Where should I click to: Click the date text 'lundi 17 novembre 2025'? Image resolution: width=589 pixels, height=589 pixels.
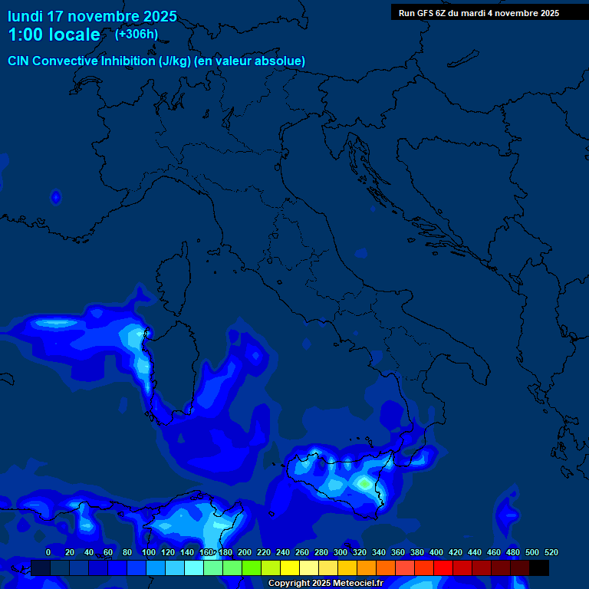(92, 16)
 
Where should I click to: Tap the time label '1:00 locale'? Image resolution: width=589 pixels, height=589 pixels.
(54, 35)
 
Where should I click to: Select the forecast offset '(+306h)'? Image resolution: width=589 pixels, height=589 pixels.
(136, 34)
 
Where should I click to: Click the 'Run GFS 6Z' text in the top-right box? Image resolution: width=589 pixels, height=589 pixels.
(426, 13)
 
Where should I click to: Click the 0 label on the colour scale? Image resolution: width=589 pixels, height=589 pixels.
(48, 552)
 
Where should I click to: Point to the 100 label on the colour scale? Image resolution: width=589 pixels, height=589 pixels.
(149, 552)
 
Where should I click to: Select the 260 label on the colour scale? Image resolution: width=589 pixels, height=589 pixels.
(302, 552)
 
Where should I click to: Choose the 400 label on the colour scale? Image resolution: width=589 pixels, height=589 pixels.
(436, 552)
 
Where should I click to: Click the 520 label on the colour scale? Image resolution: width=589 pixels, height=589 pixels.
(551, 552)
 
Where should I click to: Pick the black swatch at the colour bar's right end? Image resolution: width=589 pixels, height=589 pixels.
(538, 568)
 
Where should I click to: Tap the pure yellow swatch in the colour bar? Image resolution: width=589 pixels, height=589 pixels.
(289, 568)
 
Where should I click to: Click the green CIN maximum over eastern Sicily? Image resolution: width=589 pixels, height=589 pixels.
(363, 483)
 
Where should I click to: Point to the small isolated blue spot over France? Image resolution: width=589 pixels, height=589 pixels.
(55, 198)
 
